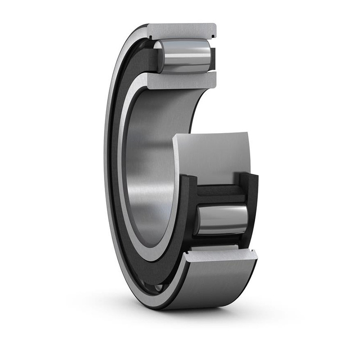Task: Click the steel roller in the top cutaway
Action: (x=184, y=56)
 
